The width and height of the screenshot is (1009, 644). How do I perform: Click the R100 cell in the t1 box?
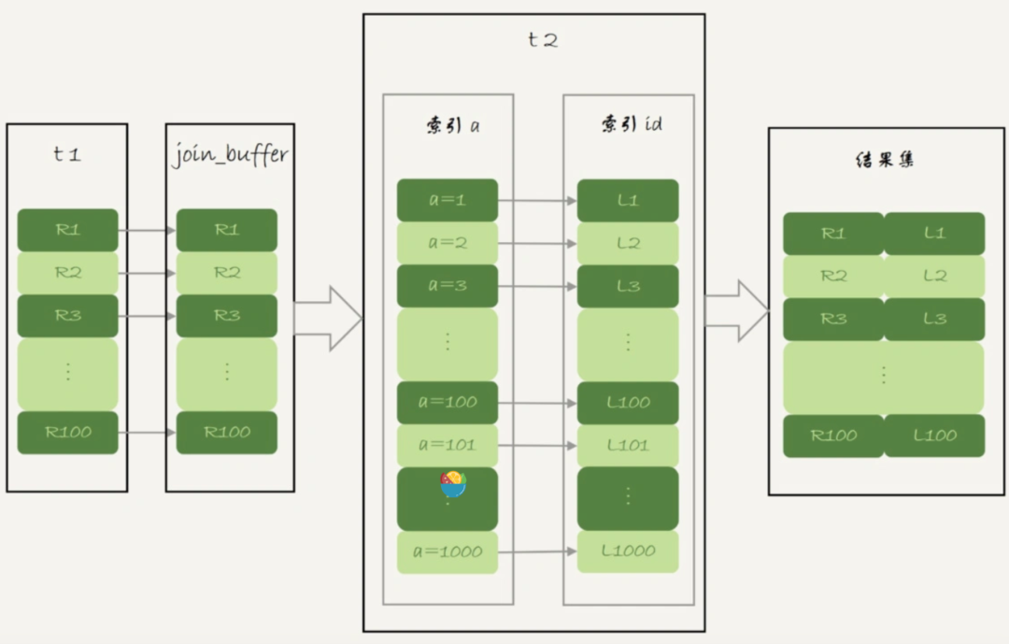click(x=68, y=433)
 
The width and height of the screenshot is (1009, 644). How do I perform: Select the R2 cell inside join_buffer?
click(x=227, y=273)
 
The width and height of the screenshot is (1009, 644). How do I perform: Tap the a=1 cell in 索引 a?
click(x=448, y=200)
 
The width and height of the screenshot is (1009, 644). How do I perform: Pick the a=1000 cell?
click(x=448, y=551)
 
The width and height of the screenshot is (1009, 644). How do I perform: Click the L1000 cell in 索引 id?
click(x=628, y=551)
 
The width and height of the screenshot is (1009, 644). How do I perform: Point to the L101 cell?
click(x=628, y=445)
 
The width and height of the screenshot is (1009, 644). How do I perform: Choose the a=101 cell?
click(x=448, y=445)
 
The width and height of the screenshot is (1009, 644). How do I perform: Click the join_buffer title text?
click(x=230, y=154)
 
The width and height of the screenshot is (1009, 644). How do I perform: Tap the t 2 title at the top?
click(x=541, y=40)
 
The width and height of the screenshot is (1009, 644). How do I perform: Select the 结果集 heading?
click(x=884, y=160)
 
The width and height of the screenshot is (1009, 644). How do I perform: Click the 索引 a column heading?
click(x=448, y=125)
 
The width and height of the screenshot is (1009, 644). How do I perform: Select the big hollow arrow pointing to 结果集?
click(x=736, y=310)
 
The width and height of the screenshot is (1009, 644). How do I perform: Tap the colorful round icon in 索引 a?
click(x=453, y=484)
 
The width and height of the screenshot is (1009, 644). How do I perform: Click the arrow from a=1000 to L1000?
click(x=537, y=551)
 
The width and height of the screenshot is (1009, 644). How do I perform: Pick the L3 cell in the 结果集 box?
click(x=934, y=319)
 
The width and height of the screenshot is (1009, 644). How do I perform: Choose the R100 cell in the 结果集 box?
click(x=833, y=436)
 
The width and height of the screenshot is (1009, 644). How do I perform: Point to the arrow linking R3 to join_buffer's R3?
click(x=147, y=316)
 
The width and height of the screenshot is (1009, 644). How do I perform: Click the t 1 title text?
click(x=66, y=154)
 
